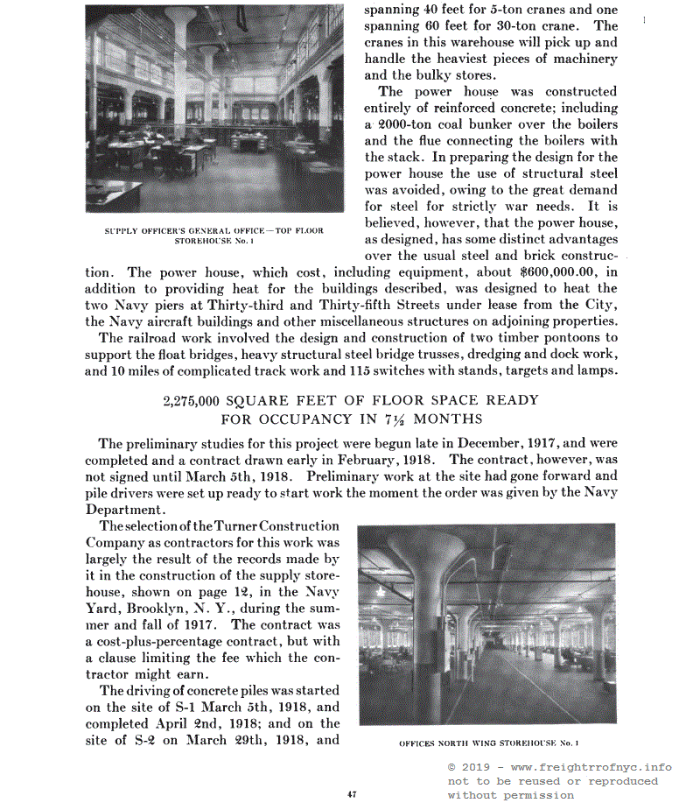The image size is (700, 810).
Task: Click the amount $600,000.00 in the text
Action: click(561, 272)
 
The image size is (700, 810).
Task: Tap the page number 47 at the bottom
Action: click(351, 795)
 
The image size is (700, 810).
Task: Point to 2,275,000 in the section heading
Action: click(191, 401)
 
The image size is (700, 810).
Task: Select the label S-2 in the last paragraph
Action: click(143, 740)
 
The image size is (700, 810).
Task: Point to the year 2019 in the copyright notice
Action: click(476, 767)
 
